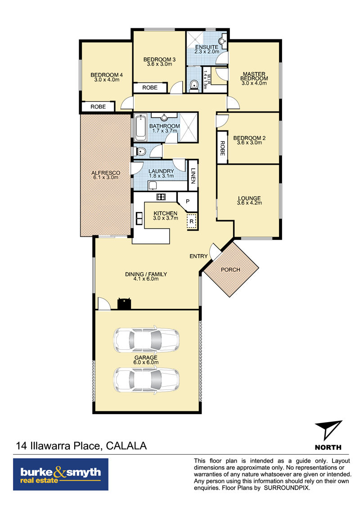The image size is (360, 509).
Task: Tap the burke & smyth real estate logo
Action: (x=61, y=474)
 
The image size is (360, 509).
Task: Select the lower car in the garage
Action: (x=146, y=380)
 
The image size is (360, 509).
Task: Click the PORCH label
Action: (x=230, y=270)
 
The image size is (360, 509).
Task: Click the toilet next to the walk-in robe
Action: (x=194, y=85)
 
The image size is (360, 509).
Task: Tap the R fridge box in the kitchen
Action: (x=192, y=221)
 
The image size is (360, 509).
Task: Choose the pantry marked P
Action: (x=188, y=201)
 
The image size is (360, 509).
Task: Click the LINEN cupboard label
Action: (x=193, y=176)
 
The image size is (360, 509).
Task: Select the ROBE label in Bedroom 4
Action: (x=98, y=107)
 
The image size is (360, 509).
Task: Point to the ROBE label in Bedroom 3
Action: (x=150, y=88)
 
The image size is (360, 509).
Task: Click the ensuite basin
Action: (x=222, y=41)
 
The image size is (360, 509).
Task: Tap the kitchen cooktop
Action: (x=161, y=196)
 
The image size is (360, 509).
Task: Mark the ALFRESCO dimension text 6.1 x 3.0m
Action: (x=106, y=178)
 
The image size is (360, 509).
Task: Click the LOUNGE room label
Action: (x=249, y=198)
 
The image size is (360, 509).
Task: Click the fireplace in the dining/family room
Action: (x=124, y=303)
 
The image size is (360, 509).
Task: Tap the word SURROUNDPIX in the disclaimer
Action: (x=287, y=487)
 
